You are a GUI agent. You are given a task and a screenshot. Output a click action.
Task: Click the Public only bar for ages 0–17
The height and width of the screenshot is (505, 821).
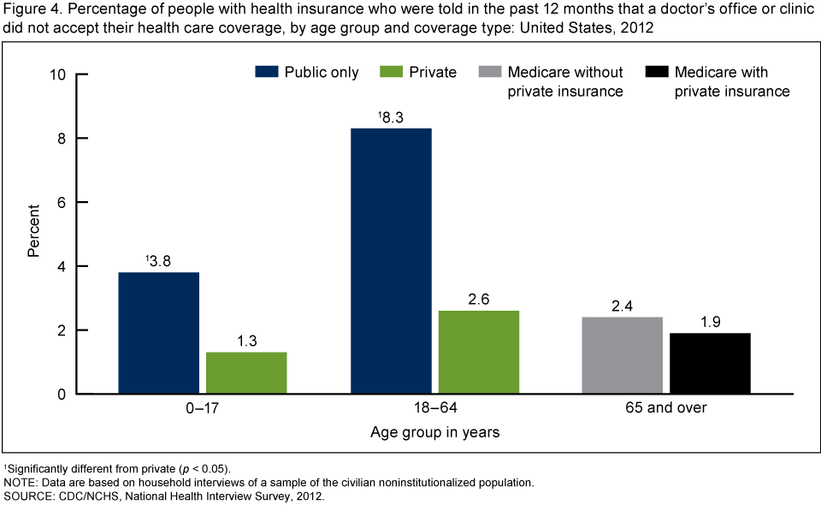[159, 333]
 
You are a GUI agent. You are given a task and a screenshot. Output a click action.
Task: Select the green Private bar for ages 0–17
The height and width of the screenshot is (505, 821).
[246, 372]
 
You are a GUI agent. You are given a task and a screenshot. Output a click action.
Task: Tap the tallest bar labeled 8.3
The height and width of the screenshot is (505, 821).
[391, 261]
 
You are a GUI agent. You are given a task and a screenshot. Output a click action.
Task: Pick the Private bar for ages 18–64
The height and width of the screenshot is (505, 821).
[478, 352]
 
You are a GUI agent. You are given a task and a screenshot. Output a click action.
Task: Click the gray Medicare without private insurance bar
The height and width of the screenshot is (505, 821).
[623, 355]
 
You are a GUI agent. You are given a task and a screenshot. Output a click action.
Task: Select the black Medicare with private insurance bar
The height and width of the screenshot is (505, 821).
[710, 363]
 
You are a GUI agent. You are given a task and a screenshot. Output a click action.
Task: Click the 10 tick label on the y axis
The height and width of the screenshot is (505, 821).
[58, 74]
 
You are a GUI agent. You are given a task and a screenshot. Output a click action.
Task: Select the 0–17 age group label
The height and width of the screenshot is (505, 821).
[203, 407]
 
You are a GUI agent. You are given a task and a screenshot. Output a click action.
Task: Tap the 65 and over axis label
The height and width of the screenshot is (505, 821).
[666, 407]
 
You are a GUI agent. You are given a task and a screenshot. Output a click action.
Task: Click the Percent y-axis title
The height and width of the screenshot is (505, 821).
[33, 230]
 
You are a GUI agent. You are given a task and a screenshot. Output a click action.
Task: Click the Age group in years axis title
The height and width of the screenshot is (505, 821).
[434, 432]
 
